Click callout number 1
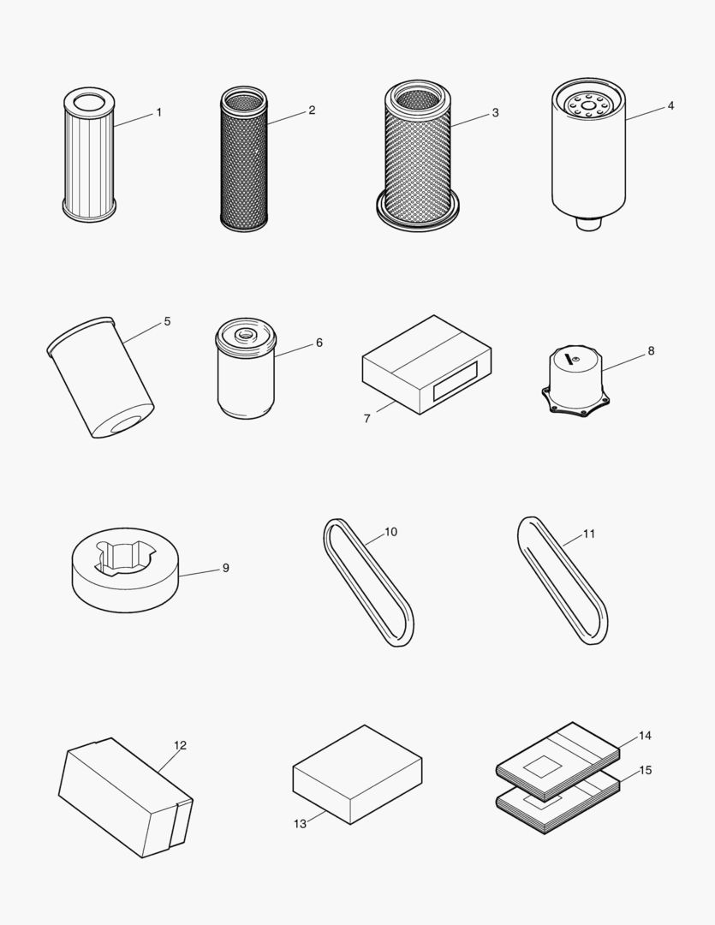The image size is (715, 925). (158, 112)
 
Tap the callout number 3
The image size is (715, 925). (495, 113)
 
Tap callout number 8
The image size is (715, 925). (651, 350)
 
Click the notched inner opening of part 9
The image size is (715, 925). (124, 555)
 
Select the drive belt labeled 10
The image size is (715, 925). (368, 582)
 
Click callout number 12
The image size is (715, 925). (180, 745)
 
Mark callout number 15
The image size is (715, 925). (645, 770)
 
